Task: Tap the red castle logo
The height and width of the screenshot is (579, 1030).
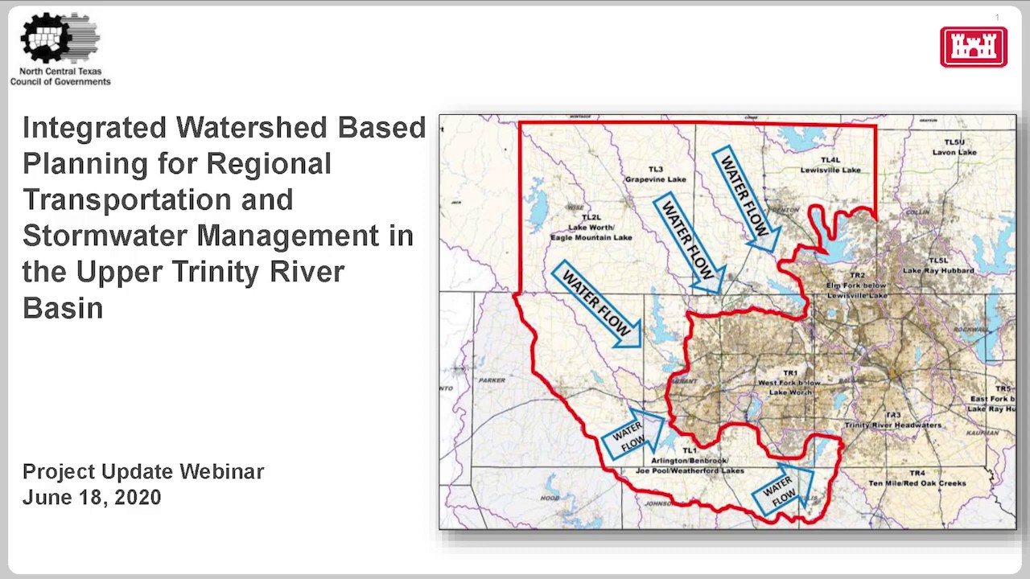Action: click(x=973, y=47)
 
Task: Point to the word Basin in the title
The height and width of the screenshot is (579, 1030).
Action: click(x=62, y=308)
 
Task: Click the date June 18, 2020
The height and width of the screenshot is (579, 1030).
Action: click(x=92, y=498)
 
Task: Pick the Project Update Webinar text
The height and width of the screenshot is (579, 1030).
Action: click(x=143, y=472)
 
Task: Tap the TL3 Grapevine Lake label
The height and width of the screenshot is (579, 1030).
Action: click(x=655, y=175)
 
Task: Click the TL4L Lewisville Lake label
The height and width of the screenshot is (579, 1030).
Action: click(x=830, y=166)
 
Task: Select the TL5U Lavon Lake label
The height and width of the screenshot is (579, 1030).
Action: click(x=954, y=147)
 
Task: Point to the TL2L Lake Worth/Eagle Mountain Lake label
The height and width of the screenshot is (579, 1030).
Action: click(x=591, y=228)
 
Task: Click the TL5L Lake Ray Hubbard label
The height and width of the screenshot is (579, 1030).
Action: click(x=938, y=266)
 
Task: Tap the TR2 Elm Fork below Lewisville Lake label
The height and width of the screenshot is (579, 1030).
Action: click(x=857, y=285)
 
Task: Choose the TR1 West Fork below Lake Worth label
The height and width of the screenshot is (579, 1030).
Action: click(x=789, y=383)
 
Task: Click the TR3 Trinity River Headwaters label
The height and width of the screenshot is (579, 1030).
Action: click(x=892, y=421)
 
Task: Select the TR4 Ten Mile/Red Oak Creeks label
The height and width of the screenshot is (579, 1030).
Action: click(x=917, y=478)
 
